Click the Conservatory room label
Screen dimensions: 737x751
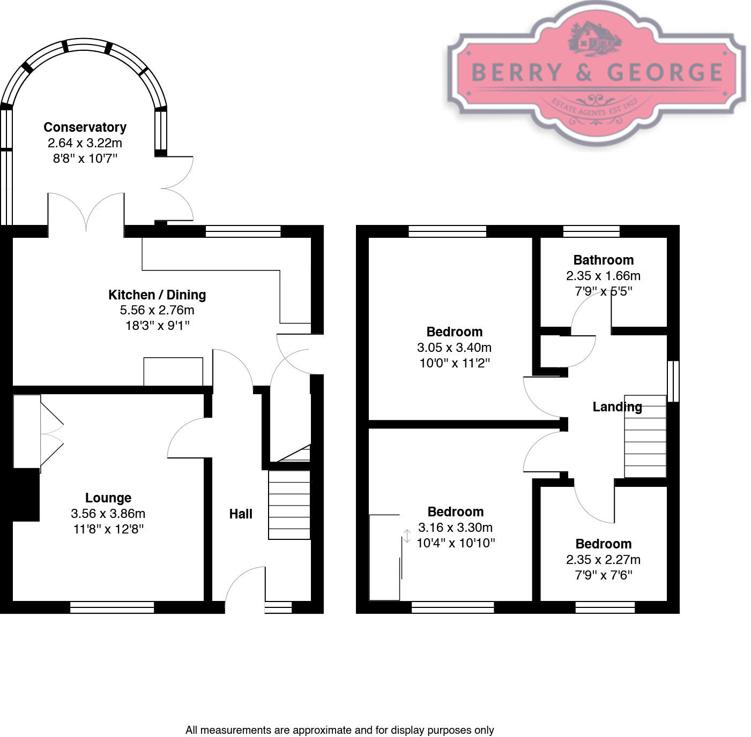85,127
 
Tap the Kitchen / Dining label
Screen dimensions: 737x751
157,295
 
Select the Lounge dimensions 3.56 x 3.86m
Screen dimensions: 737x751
108,514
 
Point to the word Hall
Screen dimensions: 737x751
241,514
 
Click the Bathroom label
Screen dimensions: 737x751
603,260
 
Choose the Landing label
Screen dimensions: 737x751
617,407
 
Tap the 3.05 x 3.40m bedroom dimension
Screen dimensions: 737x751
454,348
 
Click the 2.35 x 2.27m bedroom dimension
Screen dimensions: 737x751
603,560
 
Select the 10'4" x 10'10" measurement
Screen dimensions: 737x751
455,543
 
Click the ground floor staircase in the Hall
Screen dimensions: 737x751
289,505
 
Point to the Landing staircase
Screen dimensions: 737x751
645,437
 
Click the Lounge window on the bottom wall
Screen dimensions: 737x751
112,607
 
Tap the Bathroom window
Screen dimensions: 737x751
591,231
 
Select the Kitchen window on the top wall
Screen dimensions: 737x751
243,231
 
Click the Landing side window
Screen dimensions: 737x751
673,381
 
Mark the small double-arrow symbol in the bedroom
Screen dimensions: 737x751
407,536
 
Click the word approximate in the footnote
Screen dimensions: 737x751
322,730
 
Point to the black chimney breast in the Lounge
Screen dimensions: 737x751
26,494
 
